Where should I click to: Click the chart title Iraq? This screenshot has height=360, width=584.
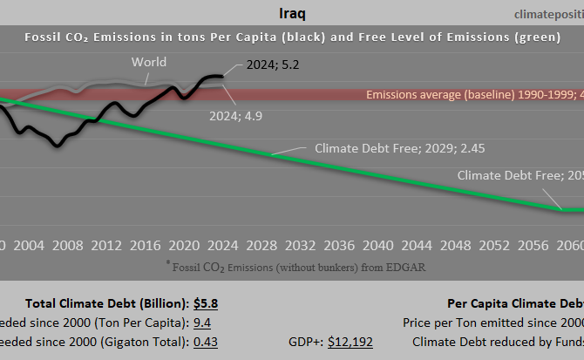(291, 14)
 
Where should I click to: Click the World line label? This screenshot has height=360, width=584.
(149, 62)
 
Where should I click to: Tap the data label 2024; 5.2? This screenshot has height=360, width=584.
(273, 64)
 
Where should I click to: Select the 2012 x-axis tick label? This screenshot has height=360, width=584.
(105, 245)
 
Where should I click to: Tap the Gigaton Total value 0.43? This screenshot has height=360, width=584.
(205, 342)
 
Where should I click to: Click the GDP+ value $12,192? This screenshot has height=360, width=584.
(350, 342)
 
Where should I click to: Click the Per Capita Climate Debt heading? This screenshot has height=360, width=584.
(514, 303)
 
